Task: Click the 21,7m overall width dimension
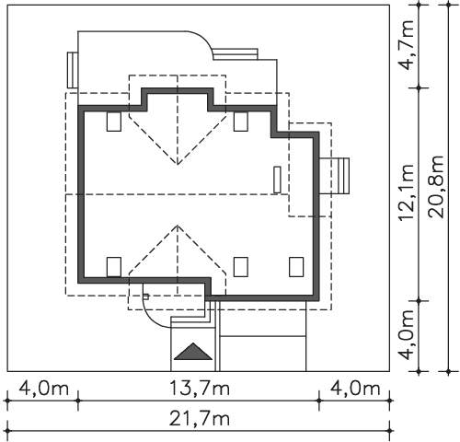(x=200, y=419)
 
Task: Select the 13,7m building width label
(x=200, y=389)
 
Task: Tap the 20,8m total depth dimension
(x=436, y=187)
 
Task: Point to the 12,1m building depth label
(x=407, y=192)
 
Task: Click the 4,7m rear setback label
(x=407, y=45)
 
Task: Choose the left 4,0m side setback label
(x=44, y=389)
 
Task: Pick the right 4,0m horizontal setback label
(x=355, y=389)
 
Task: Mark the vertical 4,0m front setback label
(x=407, y=334)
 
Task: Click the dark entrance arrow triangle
(x=193, y=352)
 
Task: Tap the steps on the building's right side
(x=334, y=176)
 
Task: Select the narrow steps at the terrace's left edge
(x=73, y=70)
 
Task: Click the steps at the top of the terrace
(x=236, y=53)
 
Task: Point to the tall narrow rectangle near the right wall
(x=277, y=180)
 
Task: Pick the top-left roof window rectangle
(x=114, y=122)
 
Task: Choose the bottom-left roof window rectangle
(x=114, y=267)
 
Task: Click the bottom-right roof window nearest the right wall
(x=296, y=267)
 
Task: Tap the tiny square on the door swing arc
(x=146, y=297)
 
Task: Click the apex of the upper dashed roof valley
(x=178, y=165)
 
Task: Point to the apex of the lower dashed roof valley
(x=178, y=226)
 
